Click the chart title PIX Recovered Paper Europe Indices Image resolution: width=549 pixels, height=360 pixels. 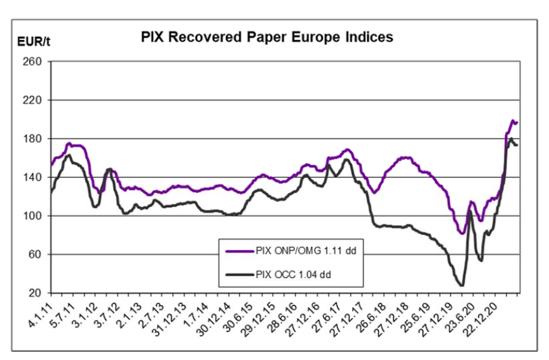267,37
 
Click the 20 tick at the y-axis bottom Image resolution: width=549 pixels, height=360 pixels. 36,293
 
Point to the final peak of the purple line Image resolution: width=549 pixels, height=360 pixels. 513,120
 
